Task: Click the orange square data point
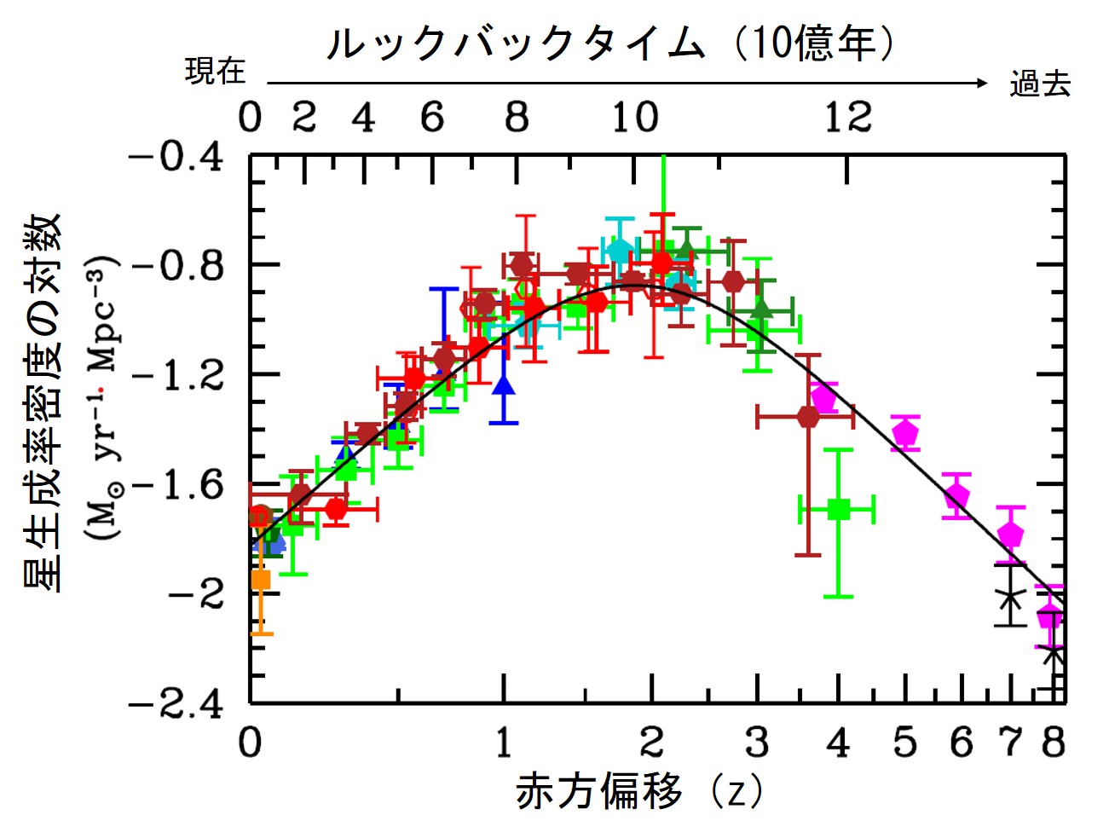[261, 580]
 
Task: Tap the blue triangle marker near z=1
[505, 385]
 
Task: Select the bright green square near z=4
[839, 510]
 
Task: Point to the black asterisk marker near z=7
[1010, 597]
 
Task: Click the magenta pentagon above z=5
[905, 433]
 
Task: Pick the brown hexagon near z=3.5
[808, 417]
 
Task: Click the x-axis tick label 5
[904, 743]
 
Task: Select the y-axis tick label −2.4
[176, 705]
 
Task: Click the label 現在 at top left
[215, 72]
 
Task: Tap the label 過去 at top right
[1039, 84]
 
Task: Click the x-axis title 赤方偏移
[599, 791]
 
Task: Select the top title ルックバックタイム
[517, 43]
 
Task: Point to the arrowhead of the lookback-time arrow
[982, 83]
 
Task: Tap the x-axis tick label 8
[1054, 743]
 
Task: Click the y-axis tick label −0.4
[176, 158]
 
